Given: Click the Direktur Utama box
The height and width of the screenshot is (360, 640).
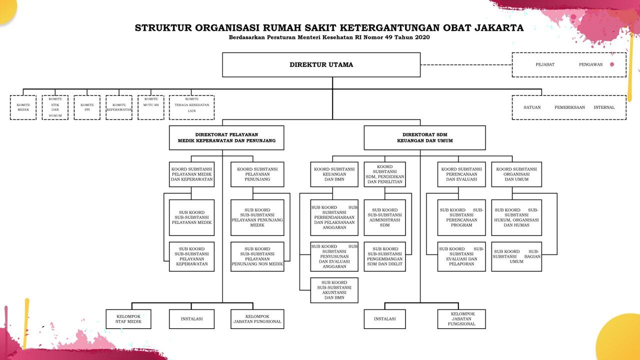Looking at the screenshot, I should pyautogui.click(x=321, y=65).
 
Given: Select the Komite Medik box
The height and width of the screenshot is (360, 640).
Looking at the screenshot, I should pyautogui.click(x=23, y=107).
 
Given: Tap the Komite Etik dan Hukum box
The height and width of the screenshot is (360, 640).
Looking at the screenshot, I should pyautogui.click(x=55, y=107).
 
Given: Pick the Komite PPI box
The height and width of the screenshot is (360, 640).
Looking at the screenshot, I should pyautogui.click(x=87, y=107).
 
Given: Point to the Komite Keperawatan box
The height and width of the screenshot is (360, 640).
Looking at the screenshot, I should pyautogui.click(x=119, y=107).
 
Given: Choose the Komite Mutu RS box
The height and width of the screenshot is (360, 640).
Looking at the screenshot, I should pyautogui.click(x=151, y=107).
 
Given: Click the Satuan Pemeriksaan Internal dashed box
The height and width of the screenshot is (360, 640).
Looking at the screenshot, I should pyautogui.click(x=569, y=107).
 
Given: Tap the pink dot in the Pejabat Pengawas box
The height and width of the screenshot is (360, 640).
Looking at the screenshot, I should pyautogui.click(x=611, y=64).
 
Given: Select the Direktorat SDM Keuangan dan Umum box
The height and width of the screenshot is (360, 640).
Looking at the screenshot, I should pyautogui.click(x=424, y=138).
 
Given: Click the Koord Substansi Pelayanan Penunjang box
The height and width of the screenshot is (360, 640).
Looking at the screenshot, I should pyautogui.click(x=257, y=174).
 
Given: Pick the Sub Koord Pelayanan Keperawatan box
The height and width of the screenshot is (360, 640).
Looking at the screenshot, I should pyautogui.click(x=191, y=256).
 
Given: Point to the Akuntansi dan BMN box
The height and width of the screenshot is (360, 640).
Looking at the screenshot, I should pyautogui.click(x=334, y=290).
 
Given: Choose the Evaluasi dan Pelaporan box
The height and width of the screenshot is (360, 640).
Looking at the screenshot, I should pyautogui.click(x=461, y=256).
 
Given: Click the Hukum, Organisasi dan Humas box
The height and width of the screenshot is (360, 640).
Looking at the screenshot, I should pyautogui.click(x=516, y=217).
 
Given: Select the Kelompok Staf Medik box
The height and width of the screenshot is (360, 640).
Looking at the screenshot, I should pyautogui.click(x=128, y=319).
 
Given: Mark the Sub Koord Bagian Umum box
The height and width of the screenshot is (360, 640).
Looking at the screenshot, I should pyautogui.click(x=516, y=256).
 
